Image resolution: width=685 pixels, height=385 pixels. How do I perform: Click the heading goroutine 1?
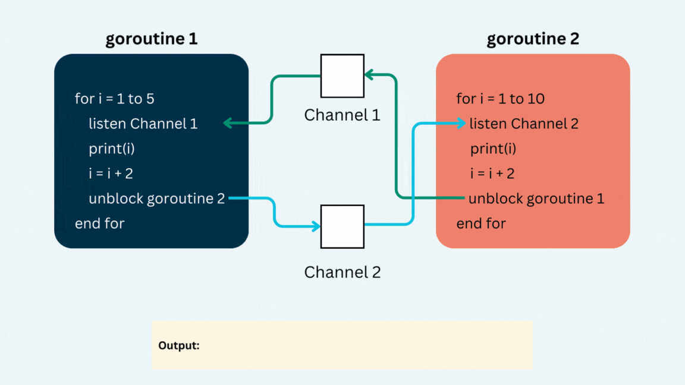pyautogui.click(x=151, y=39)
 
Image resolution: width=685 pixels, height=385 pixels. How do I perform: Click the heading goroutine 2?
pyautogui.click(x=533, y=39)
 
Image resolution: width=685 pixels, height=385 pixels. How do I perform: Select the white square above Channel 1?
pyautogui.click(x=342, y=76)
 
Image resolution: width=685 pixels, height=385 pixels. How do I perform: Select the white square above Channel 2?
pyautogui.click(x=342, y=226)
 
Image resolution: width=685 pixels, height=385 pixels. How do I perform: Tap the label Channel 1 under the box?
pyautogui.click(x=342, y=115)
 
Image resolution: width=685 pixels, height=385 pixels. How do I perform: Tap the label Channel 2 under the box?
pyautogui.click(x=342, y=272)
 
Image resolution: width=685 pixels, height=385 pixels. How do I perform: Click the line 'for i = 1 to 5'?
pyautogui.click(x=114, y=99)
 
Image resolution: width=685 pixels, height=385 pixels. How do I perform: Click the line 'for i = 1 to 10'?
pyautogui.click(x=500, y=99)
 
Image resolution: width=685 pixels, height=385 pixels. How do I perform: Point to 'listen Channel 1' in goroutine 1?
pyautogui.click(x=143, y=124)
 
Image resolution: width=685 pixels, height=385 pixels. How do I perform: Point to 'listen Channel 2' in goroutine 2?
pyautogui.click(x=524, y=124)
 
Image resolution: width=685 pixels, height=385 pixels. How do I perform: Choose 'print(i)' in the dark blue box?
pyautogui.click(x=112, y=149)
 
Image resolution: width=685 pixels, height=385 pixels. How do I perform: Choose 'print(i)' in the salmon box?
pyautogui.click(x=494, y=149)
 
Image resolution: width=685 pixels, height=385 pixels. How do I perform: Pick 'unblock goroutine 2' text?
pyautogui.click(x=156, y=198)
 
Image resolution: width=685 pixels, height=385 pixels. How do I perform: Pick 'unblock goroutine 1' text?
pyautogui.click(x=536, y=198)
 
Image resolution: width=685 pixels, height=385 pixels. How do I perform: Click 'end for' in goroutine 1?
pyautogui.click(x=99, y=223)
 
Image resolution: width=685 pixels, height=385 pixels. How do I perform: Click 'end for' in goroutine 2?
pyautogui.click(x=481, y=223)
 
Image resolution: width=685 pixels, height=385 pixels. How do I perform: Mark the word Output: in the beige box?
pyautogui.click(x=178, y=345)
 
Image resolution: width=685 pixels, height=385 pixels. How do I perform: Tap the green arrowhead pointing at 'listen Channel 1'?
pyautogui.click(x=228, y=124)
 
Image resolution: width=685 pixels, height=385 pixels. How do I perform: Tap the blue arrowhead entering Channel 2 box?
pyautogui.click(x=315, y=226)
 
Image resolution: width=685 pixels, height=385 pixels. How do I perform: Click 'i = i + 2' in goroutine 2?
pyautogui.click(x=492, y=173)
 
